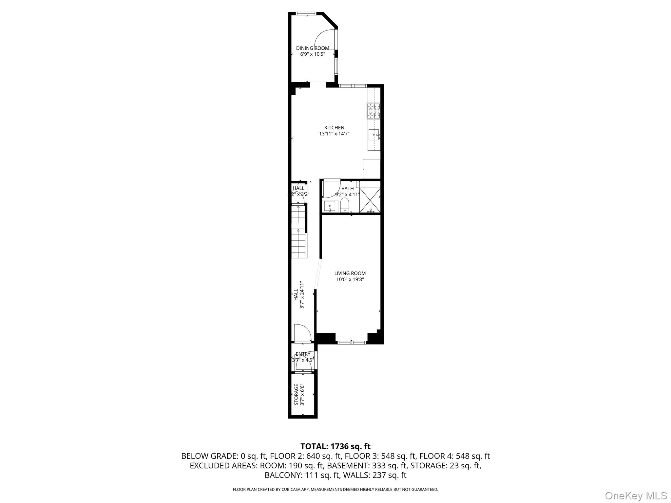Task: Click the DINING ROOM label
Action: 313,48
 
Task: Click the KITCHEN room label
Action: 334,128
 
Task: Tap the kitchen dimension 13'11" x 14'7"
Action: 334,134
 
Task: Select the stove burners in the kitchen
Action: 374,111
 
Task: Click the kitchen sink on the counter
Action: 374,134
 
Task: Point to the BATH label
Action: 347,189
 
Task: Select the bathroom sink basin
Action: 329,207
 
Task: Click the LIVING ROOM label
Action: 350,273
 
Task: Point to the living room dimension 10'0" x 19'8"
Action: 350,280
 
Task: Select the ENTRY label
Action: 303,354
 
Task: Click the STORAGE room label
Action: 296,395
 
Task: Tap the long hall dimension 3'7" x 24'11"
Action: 302,294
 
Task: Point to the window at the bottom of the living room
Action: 352,343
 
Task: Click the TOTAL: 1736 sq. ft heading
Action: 335,446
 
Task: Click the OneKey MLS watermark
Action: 636,495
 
